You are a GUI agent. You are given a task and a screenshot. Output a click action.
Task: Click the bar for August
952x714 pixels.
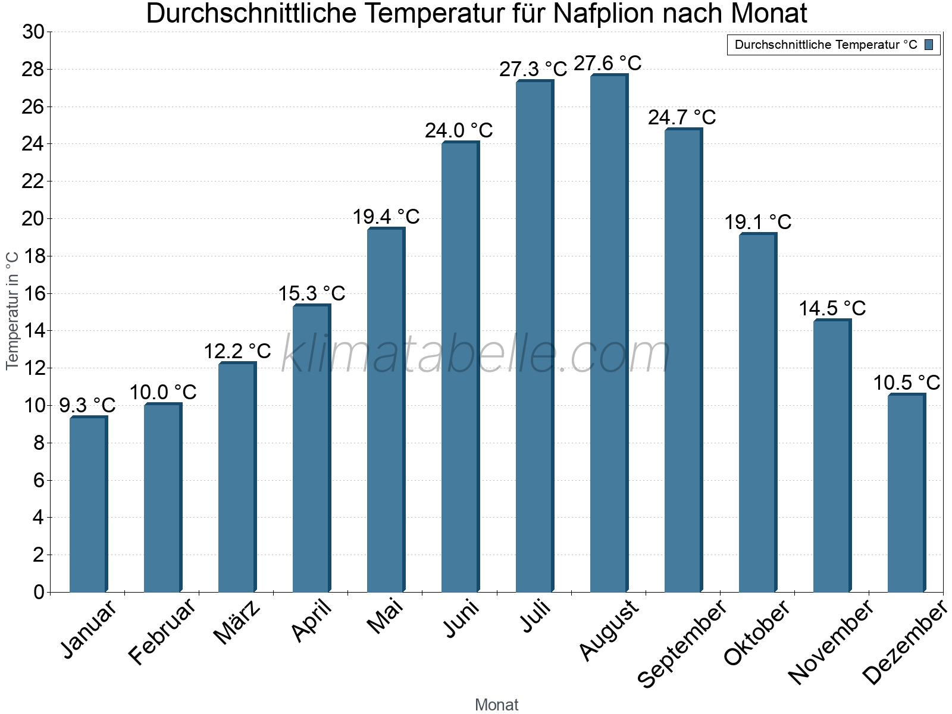(x=609, y=333)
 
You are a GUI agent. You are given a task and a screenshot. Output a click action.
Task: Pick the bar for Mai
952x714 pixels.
(x=386, y=411)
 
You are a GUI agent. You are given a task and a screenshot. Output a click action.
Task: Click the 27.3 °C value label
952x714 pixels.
(x=533, y=70)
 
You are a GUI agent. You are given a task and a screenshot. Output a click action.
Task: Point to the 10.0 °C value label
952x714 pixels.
(x=163, y=393)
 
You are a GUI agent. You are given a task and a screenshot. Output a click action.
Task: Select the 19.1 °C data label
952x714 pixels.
(x=757, y=223)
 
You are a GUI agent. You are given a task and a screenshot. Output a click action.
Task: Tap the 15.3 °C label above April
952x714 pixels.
(x=312, y=293)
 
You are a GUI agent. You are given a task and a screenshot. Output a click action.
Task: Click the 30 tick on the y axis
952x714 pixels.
(x=33, y=32)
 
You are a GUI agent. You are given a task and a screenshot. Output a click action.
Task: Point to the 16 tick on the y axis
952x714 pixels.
(x=33, y=293)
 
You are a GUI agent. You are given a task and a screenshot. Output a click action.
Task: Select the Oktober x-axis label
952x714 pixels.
(x=757, y=633)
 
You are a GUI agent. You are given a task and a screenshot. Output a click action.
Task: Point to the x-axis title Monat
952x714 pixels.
(x=496, y=705)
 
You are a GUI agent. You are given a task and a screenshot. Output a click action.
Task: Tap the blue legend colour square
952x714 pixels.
(x=929, y=45)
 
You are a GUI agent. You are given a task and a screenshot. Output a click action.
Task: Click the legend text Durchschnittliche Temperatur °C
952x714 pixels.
(x=826, y=45)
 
